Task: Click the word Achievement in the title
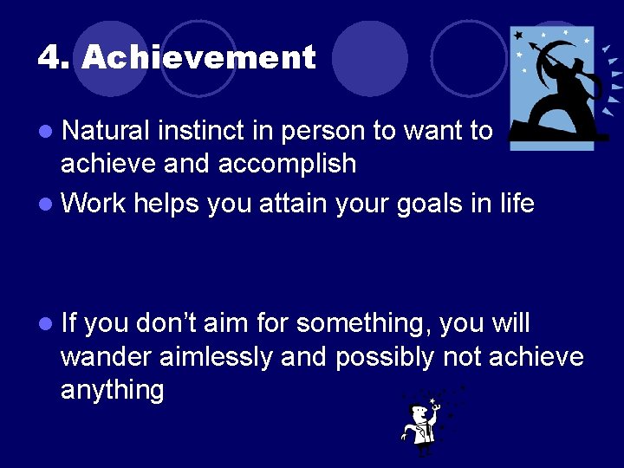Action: tap(198, 58)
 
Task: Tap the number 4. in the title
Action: tap(55, 58)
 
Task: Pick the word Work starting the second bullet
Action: tap(93, 204)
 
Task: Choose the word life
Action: tap(515, 204)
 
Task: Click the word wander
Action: tap(107, 356)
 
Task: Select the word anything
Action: tap(112, 391)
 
